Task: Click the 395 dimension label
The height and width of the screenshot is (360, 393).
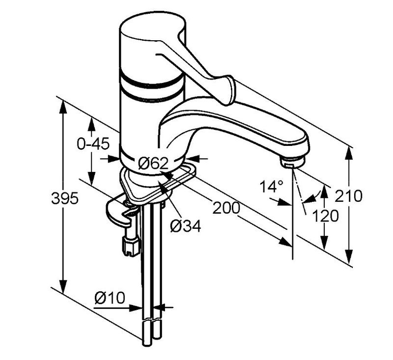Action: click(65, 199)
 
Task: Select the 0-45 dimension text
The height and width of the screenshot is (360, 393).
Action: click(93, 144)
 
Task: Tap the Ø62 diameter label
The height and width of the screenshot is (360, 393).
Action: click(153, 164)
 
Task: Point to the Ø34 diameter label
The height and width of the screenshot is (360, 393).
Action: click(186, 226)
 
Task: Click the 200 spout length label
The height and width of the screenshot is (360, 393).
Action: click(226, 208)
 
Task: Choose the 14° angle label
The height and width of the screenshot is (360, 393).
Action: click(271, 187)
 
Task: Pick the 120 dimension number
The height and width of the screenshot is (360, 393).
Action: click(325, 216)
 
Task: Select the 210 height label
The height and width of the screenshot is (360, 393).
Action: click(348, 195)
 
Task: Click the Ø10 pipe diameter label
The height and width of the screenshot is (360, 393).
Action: click(110, 298)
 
